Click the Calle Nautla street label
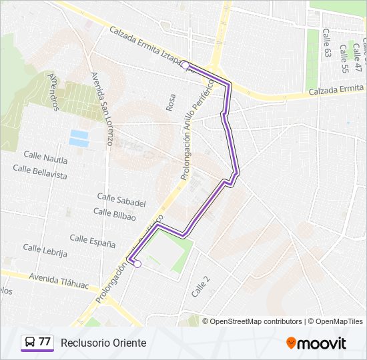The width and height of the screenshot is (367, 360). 46,157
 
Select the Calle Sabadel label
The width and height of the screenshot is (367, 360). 121,199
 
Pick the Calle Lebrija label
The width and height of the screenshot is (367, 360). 45,250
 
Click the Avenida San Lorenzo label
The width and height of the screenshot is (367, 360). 101,109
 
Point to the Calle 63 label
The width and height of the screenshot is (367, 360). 326,43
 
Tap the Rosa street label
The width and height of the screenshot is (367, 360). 171,102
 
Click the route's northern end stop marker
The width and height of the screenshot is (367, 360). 185,65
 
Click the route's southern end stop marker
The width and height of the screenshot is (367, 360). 137,264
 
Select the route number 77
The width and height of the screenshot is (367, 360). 45,342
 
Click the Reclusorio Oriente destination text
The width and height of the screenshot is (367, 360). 103,343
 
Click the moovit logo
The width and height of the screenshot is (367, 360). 316,343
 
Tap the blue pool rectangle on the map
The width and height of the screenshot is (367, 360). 79,138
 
